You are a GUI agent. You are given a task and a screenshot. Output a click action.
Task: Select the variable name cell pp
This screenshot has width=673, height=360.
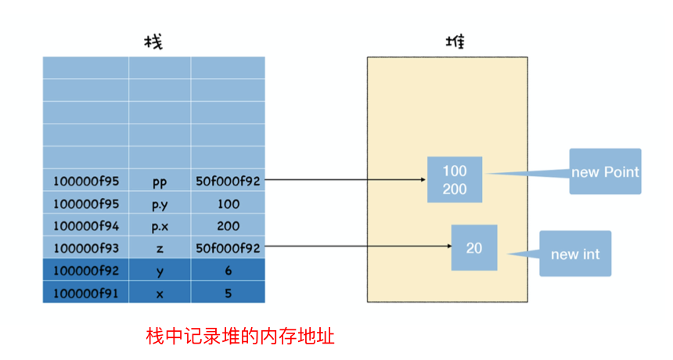click(x=160, y=181)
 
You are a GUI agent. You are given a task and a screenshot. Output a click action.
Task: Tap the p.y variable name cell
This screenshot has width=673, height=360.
click(x=160, y=203)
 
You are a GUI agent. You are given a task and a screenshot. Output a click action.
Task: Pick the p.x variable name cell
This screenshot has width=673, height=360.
click(x=160, y=225)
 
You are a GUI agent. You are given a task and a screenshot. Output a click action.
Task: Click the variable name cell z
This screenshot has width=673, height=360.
click(x=160, y=248)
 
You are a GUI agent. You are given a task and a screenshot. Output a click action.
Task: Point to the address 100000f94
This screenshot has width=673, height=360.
click(x=86, y=225)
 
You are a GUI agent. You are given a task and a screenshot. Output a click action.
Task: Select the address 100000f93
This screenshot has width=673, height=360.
click(x=86, y=248)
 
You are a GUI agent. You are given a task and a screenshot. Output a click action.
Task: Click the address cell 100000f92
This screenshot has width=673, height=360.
click(x=86, y=270)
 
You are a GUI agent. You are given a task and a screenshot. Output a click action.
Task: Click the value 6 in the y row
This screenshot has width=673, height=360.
click(x=228, y=270)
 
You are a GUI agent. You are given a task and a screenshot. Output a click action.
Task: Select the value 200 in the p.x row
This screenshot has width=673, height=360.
click(x=228, y=225)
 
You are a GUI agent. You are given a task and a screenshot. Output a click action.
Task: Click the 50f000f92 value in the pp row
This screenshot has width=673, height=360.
click(x=228, y=181)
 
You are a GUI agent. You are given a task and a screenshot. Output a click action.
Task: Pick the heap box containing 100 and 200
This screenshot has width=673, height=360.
click(x=455, y=180)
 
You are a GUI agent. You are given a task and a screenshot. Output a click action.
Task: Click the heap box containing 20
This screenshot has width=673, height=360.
click(x=474, y=248)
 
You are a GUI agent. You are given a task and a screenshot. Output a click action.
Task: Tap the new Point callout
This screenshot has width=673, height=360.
click(x=605, y=171)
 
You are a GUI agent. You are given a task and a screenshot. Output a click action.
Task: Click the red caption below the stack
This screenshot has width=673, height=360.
click(x=241, y=336)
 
